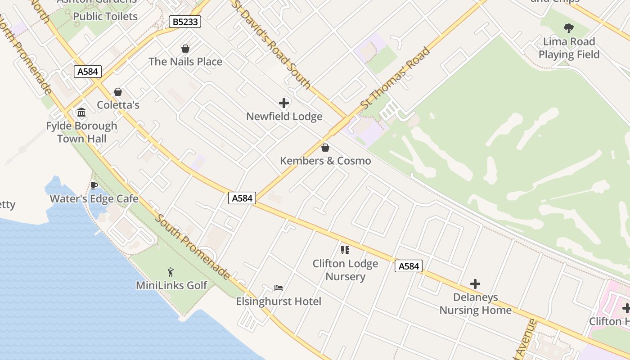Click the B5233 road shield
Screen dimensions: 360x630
click(184, 22)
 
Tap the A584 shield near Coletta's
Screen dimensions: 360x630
click(88, 72)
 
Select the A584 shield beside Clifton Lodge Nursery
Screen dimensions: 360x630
click(409, 266)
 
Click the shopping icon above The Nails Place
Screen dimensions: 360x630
click(185, 49)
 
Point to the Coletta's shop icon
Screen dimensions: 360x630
click(118, 92)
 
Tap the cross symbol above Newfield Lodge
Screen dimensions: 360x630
click(284, 103)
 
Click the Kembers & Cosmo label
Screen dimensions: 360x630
click(325, 161)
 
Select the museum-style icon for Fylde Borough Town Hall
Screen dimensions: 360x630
click(81, 112)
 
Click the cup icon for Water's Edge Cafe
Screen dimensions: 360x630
click(94, 185)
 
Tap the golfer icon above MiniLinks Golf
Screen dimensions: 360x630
click(171, 272)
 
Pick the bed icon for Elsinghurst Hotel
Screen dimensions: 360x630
click(279, 288)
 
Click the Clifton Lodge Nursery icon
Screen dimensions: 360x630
click(345, 250)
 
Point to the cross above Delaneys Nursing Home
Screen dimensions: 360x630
click(475, 284)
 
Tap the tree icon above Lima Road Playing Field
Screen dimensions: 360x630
click(569, 28)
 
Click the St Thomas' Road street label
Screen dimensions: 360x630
click(396, 78)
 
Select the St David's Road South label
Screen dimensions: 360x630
click(271, 44)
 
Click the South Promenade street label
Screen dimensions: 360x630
click(193, 247)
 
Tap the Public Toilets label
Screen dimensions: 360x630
click(105, 17)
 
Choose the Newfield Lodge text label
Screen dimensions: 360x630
click(284, 117)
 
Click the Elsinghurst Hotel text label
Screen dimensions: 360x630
click(279, 301)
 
